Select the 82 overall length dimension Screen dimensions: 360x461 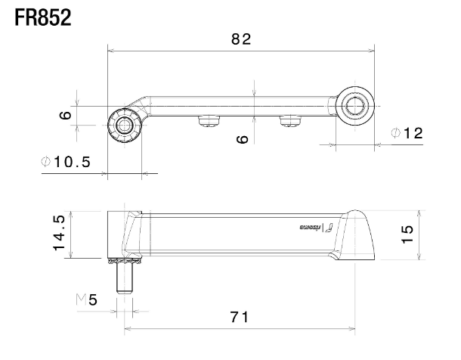point(240,40)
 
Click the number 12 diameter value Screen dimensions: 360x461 point(414,134)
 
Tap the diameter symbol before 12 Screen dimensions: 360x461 point(396,134)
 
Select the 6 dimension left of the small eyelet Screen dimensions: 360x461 point(65,115)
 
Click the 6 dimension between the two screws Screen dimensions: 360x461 point(242,139)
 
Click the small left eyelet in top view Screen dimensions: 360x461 point(124,125)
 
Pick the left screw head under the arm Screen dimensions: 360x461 point(209,121)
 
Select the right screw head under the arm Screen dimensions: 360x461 point(290,121)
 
